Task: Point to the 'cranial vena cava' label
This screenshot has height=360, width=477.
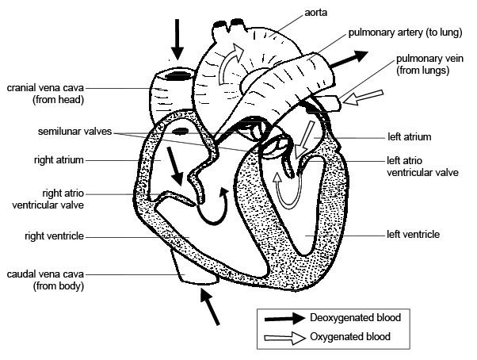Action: [49, 94]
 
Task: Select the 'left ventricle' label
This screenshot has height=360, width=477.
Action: [411, 235]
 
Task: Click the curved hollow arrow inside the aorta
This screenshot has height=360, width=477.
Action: [232, 65]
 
